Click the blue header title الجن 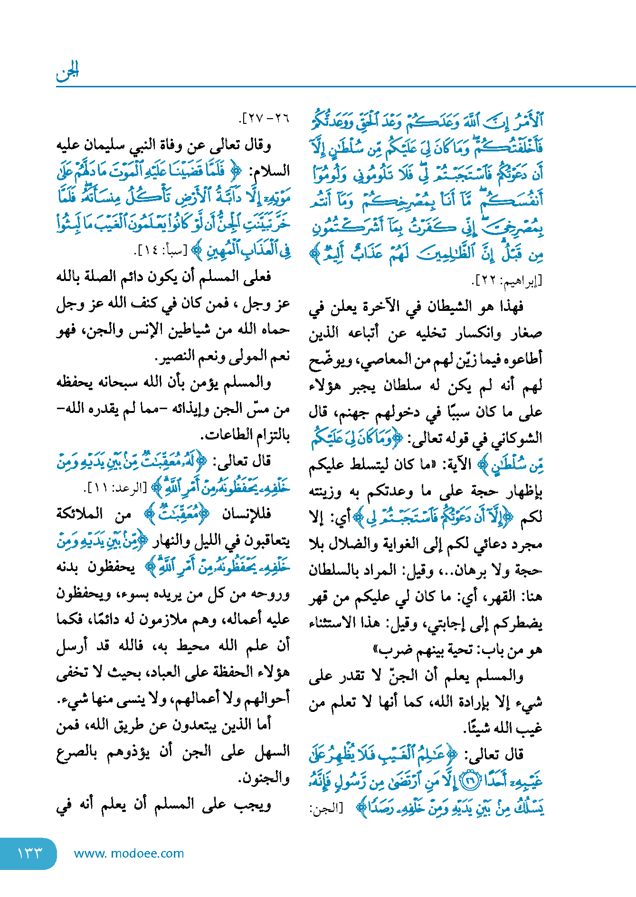[67, 72]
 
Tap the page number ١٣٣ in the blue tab [29, 853]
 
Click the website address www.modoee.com [129, 853]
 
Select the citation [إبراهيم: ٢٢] [506, 281]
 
